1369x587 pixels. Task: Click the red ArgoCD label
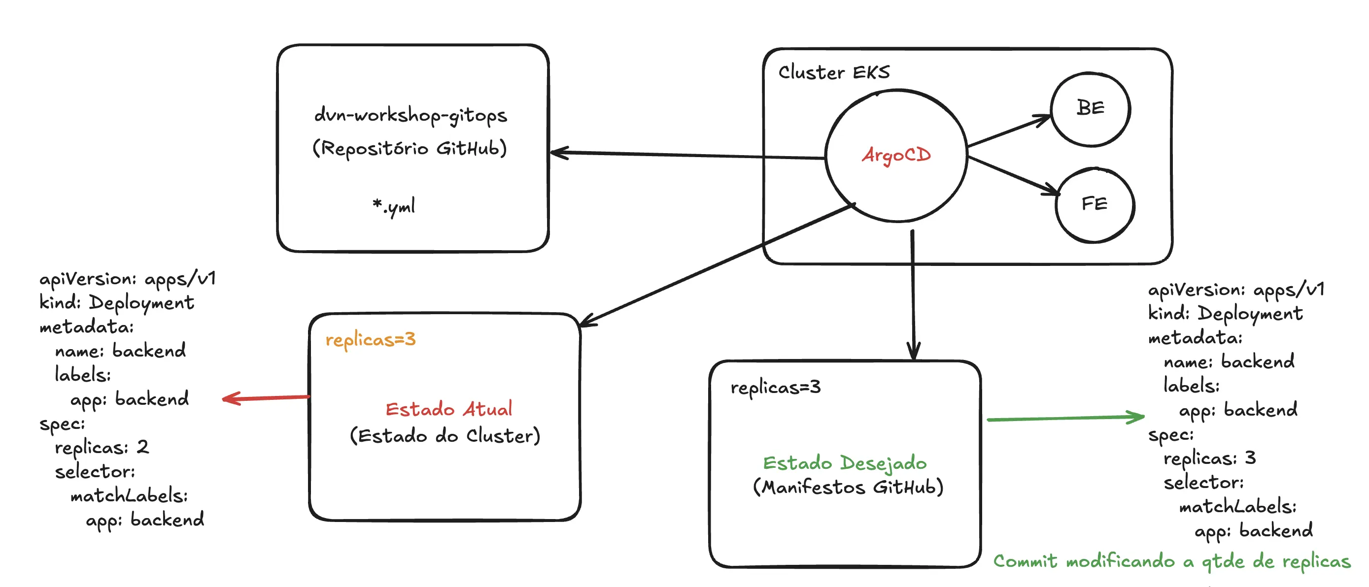(x=896, y=155)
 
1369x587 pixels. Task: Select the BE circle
(x=1091, y=108)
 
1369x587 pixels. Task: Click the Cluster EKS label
(x=834, y=72)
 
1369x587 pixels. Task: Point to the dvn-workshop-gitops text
(x=411, y=115)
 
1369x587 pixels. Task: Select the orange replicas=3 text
(x=371, y=339)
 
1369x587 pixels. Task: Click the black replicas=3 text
(x=775, y=387)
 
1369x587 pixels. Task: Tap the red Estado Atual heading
(x=448, y=409)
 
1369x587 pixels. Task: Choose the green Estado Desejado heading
(x=845, y=463)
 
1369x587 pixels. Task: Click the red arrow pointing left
(x=266, y=397)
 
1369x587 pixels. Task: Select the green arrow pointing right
(x=1065, y=418)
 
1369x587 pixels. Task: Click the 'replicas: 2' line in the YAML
(x=102, y=447)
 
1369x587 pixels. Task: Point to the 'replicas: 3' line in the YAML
(x=1209, y=458)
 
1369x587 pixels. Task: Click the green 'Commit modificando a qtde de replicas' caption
(x=1172, y=561)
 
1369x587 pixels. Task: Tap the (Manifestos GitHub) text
(x=848, y=487)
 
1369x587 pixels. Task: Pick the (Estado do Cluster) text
(x=445, y=436)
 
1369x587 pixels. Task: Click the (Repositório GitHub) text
(x=410, y=148)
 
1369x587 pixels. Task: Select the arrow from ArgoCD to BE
(x=1009, y=130)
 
